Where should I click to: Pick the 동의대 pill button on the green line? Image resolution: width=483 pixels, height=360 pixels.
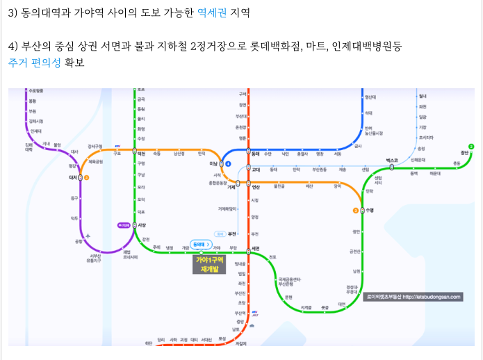click(199, 245)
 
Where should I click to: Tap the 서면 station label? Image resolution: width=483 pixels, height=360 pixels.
click(256, 248)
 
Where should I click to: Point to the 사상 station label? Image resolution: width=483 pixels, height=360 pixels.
click(142, 226)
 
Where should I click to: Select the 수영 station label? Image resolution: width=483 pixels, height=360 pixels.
click(370, 210)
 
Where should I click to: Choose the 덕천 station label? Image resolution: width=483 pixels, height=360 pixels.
click(142, 153)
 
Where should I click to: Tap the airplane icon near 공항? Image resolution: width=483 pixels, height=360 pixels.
click(88, 236)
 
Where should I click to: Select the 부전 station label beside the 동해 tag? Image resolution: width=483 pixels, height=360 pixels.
click(234, 234)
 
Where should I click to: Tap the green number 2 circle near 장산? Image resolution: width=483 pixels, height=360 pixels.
click(471, 146)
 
